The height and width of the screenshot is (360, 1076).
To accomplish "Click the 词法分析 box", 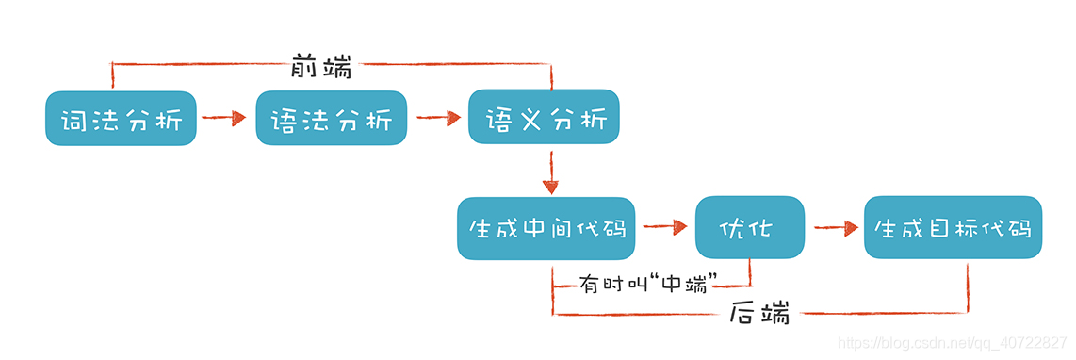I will click(121, 118).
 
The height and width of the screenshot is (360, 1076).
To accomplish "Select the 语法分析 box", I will click(331, 118).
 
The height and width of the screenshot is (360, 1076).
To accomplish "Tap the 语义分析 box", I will click(544, 118).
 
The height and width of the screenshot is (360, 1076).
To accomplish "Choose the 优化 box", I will click(750, 228).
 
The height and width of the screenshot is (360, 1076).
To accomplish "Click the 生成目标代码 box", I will click(953, 228).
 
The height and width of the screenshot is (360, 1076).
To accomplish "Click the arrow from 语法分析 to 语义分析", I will click(437, 119).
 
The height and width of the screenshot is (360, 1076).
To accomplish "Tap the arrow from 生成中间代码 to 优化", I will click(665, 227).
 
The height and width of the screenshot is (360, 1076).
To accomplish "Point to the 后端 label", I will click(759, 315).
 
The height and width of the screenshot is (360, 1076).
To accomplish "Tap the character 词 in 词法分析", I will click(74, 120).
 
